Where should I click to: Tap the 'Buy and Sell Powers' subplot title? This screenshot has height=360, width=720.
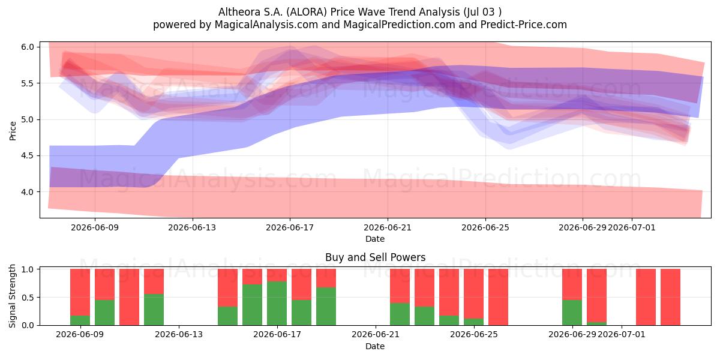point(375,257)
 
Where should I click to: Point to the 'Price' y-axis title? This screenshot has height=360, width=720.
point(13,131)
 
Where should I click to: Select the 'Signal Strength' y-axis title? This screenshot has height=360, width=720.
point(12,296)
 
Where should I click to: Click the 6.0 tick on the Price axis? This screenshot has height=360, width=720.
point(28,47)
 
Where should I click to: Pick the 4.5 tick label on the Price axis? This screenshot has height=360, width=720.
point(28,155)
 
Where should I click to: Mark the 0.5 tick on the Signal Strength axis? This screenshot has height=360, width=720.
point(28,298)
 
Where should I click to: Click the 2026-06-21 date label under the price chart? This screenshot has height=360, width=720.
point(388,227)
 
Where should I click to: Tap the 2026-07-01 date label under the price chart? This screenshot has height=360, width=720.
point(632,227)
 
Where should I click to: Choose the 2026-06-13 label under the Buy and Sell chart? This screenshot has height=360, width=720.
point(179,334)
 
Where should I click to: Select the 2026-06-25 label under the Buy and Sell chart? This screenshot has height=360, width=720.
point(474,334)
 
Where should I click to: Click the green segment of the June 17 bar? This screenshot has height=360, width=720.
point(277,304)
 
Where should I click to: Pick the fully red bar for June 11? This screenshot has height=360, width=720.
point(129,297)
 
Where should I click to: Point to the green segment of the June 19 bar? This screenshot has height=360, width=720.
point(326,307)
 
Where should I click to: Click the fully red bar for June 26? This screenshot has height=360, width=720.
point(498,297)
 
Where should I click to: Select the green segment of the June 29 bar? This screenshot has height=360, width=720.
point(572,313)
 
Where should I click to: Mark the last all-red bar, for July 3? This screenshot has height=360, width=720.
point(671,297)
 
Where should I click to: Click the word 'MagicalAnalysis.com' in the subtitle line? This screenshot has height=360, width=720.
point(266,25)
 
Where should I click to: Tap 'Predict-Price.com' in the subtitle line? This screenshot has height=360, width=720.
point(524,25)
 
